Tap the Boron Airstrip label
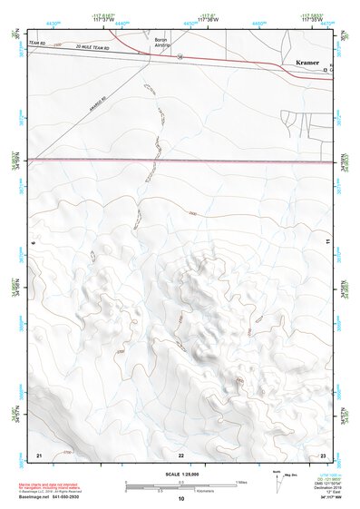point(161,44)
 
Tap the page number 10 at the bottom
point(181,498)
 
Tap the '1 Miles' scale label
point(241,481)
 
